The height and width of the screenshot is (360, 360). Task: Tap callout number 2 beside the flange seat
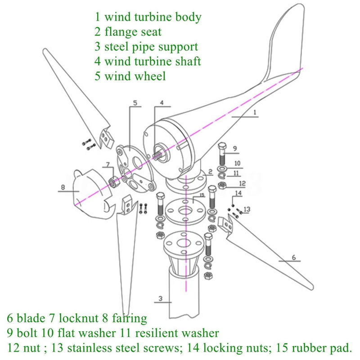[209, 171]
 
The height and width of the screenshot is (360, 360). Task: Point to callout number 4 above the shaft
[162, 102]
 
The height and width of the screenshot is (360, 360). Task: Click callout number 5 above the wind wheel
[134, 103]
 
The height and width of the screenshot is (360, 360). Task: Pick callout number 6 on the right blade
[293, 257]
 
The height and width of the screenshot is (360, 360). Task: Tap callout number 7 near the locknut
[108, 164]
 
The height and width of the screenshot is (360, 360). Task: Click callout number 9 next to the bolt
[235, 148]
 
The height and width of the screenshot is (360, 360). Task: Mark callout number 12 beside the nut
[242, 183]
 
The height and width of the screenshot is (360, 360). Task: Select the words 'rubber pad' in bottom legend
[326, 347]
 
